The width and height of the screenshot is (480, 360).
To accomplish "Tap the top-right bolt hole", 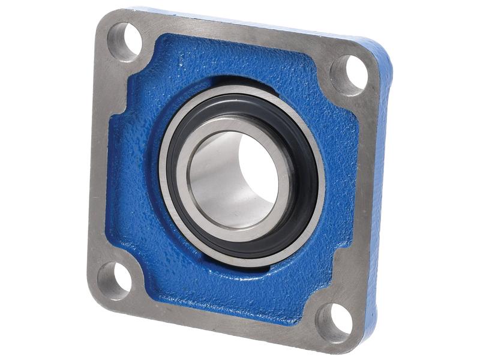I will click(349, 73).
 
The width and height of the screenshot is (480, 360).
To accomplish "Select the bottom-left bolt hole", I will click(114, 280).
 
